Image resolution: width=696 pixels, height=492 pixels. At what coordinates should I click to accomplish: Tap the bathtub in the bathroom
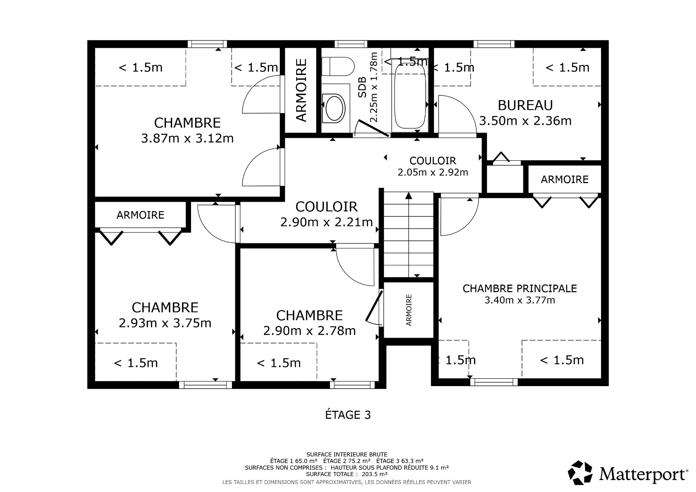point(410,97)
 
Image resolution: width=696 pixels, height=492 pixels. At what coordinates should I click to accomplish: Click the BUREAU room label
point(525,106)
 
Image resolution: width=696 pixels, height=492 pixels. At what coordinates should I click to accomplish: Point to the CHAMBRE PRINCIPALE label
point(519,289)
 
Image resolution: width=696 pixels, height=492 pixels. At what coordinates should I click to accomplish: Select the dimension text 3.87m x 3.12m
point(187,138)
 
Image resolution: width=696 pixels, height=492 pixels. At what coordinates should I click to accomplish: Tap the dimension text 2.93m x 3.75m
point(165,323)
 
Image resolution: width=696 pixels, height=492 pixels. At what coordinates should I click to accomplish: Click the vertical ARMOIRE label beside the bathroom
point(302,90)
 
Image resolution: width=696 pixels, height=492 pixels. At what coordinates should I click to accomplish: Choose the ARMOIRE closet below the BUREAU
point(564,179)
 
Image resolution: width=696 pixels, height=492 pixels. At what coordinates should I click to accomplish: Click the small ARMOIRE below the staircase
point(409,310)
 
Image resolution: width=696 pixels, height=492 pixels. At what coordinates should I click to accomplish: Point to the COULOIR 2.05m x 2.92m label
point(432,166)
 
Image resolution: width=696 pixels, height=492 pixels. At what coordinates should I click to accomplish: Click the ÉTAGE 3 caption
point(348,415)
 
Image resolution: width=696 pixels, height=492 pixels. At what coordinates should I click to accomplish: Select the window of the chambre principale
point(494,382)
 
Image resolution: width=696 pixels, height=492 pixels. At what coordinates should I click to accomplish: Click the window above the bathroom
point(351,44)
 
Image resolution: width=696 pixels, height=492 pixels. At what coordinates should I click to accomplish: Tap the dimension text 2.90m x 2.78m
point(309,331)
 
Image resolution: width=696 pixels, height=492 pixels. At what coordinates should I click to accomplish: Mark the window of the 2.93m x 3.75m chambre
point(205,385)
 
